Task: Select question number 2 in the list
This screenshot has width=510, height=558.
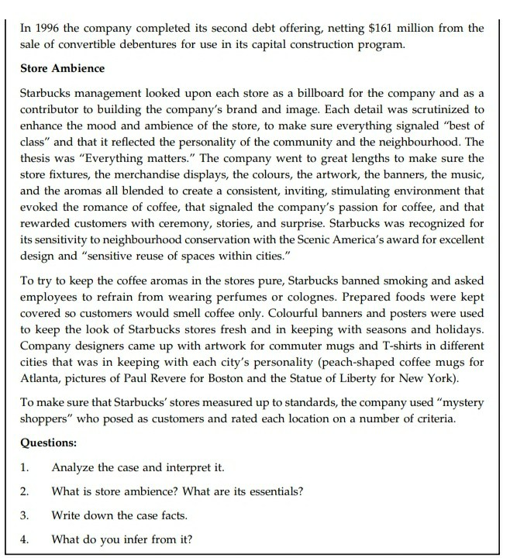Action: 25,491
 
